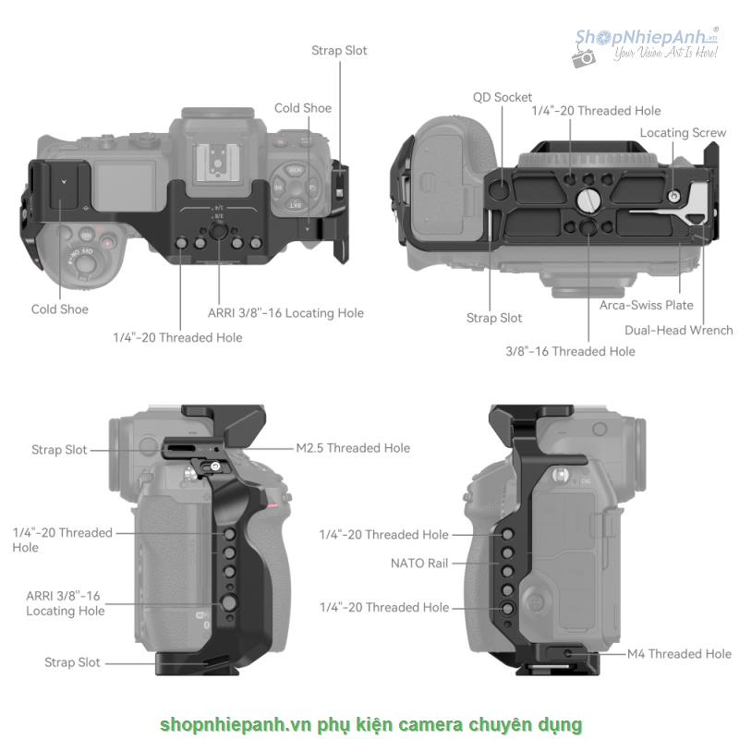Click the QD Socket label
tap(503, 97)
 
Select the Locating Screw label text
tap(683, 133)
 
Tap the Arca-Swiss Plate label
tap(646, 305)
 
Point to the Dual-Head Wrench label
tap(679, 330)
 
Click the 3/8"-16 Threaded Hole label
tap(570, 351)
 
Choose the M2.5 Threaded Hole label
tap(353, 448)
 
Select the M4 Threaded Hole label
tap(679, 654)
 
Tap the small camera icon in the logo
tap(584, 57)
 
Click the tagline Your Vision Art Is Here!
tap(665, 55)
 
